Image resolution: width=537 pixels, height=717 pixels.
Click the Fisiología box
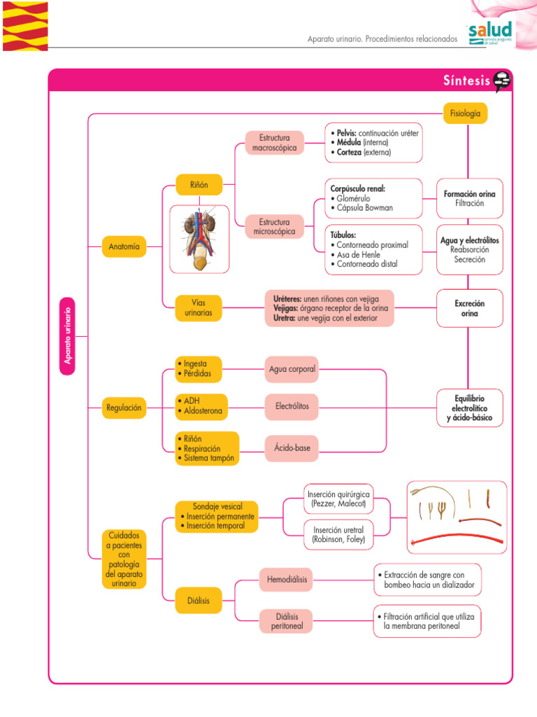click(x=465, y=113)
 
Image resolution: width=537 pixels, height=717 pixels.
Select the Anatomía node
click(x=124, y=246)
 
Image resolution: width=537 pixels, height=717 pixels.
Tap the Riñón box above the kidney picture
click(x=199, y=185)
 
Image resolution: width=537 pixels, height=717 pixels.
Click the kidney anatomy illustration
click(x=199, y=239)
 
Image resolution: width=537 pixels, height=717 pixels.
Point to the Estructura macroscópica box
click(x=274, y=143)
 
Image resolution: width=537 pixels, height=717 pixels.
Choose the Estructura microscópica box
click(x=274, y=227)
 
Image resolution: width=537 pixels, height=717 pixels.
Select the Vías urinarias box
click(x=199, y=307)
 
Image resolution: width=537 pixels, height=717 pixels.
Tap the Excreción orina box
click(x=469, y=308)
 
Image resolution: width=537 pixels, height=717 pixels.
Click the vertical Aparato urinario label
click(x=68, y=335)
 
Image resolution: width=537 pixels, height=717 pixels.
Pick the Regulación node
click(x=124, y=408)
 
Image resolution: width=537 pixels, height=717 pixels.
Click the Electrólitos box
click(x=292, y=406)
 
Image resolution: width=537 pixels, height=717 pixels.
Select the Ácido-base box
click(x=292, y=448)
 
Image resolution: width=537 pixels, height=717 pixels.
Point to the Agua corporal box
click(x=292, y=369)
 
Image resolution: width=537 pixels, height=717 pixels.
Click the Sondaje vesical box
click(x=216, y=516)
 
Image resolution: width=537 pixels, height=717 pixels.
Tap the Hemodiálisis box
click(x=287, y=579)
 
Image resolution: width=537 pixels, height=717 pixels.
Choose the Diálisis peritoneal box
click(x=287, y=621)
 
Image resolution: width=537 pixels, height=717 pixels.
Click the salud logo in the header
click(x=490, y=33)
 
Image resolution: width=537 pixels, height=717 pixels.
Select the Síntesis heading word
click(x=466, y=81)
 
